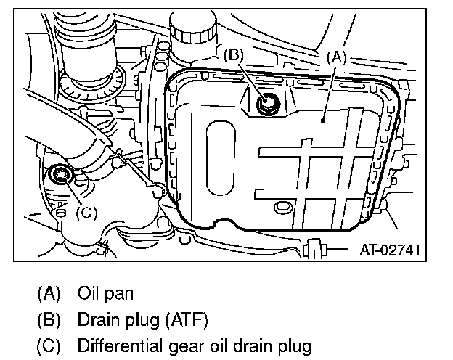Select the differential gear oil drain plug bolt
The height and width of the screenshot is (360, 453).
60,174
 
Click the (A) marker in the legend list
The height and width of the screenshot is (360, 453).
49,294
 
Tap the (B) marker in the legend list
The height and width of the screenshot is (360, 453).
49,319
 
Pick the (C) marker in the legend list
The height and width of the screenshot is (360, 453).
49,345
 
